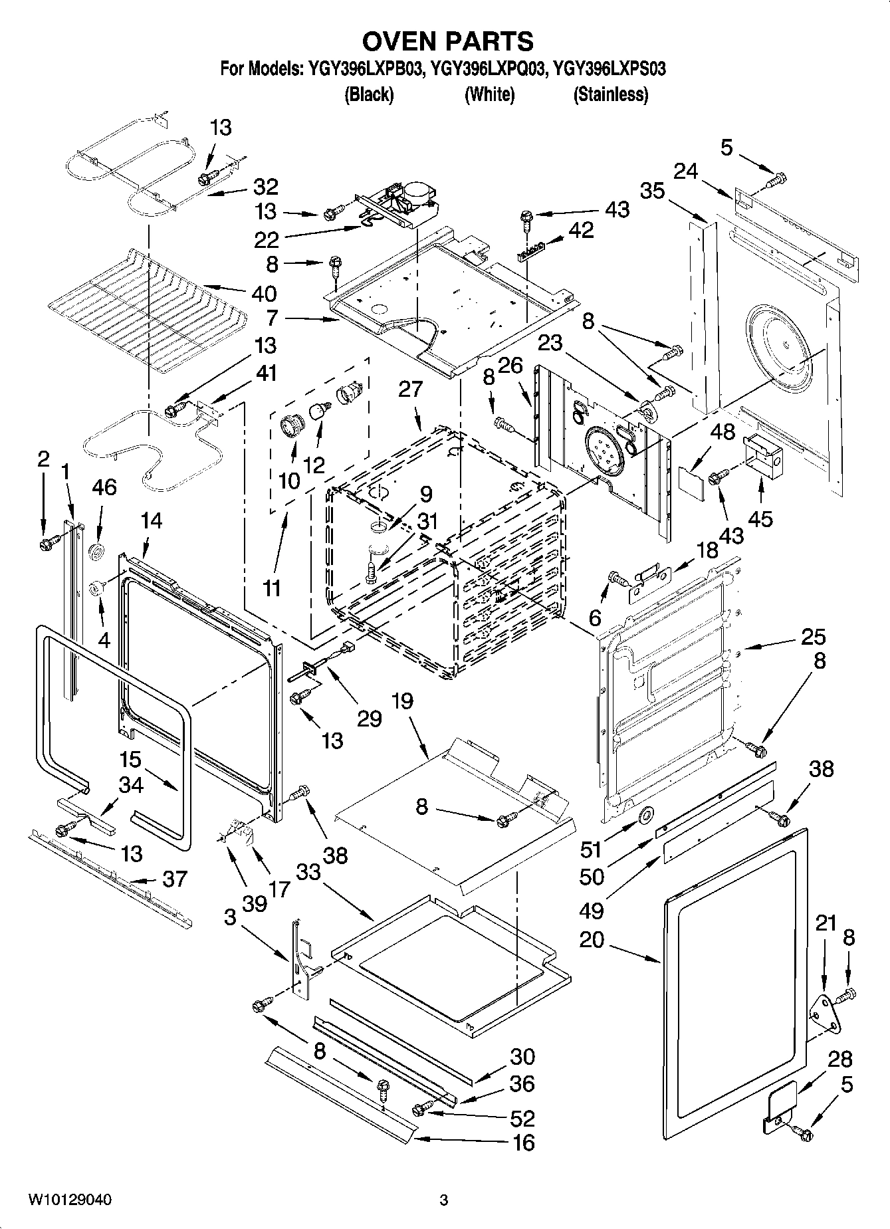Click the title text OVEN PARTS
click(447, 41)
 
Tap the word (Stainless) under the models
click(610, 95)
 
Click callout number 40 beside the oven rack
click(264, 293)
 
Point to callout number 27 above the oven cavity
click(411, 388)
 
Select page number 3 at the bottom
click(444, 1200)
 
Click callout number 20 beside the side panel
click(591, 939)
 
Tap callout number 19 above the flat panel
click(402, 701)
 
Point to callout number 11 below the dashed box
click(271, 588)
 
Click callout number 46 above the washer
click(104, 487)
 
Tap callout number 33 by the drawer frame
click(308, 871)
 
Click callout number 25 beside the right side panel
click(813, 637)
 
